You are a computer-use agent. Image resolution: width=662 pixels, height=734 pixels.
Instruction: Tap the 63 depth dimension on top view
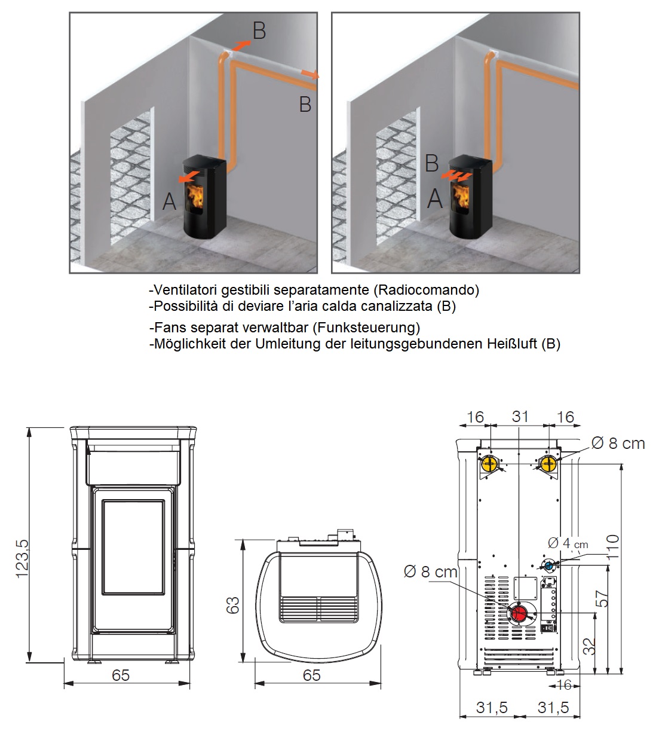point(234,605)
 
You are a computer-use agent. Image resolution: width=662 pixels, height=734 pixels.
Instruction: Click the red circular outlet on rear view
point(520,613)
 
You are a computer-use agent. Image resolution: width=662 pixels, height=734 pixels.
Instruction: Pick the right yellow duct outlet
point(548,464)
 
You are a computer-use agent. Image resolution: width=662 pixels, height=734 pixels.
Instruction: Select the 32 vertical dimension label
point(589,646)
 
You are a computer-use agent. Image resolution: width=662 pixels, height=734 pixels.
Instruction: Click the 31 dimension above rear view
point(520,416)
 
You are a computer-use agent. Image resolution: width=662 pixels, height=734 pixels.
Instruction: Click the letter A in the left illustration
point(169,201)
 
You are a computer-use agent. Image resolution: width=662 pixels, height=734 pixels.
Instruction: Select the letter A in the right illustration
point(434,198)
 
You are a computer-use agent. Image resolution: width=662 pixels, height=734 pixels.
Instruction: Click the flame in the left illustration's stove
point(196,194)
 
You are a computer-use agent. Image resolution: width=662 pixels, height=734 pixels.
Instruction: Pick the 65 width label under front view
point(121,675)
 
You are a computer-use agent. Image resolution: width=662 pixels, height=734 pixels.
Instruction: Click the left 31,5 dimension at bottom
point(491,707)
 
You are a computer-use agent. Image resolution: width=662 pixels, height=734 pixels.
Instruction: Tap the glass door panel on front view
point(133,547)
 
